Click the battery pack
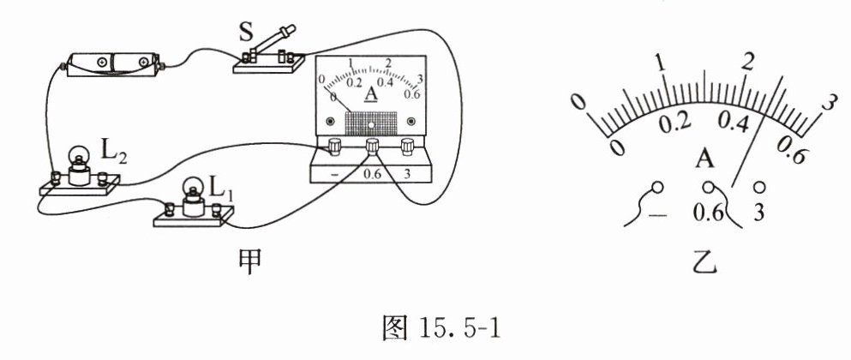tap(113, 63)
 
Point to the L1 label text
tap(220, 188)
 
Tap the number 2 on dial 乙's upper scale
tap(748, 61)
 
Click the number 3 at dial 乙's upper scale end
tap(828, 102)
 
